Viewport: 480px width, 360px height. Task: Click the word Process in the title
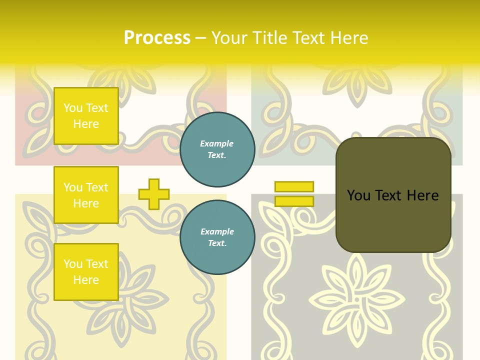pos(157,38)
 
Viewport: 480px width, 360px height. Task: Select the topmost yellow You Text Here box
pos(86,116)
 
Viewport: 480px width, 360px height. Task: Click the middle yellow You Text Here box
pos(86,195)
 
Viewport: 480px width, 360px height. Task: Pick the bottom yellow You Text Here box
pos(86,272)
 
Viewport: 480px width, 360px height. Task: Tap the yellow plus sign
pos(154,194)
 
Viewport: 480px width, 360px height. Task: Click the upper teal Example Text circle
pos(217,149)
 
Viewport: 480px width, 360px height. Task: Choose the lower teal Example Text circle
pos(217,237)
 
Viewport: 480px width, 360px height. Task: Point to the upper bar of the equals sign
pos(294,186)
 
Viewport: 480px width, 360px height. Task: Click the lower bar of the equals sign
pos(294,201)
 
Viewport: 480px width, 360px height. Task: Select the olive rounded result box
pos(393,195)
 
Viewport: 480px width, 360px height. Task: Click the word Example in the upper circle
pos(217,143)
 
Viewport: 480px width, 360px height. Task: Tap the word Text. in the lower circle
pos(217,243)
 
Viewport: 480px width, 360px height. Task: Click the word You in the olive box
pos(358,195)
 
